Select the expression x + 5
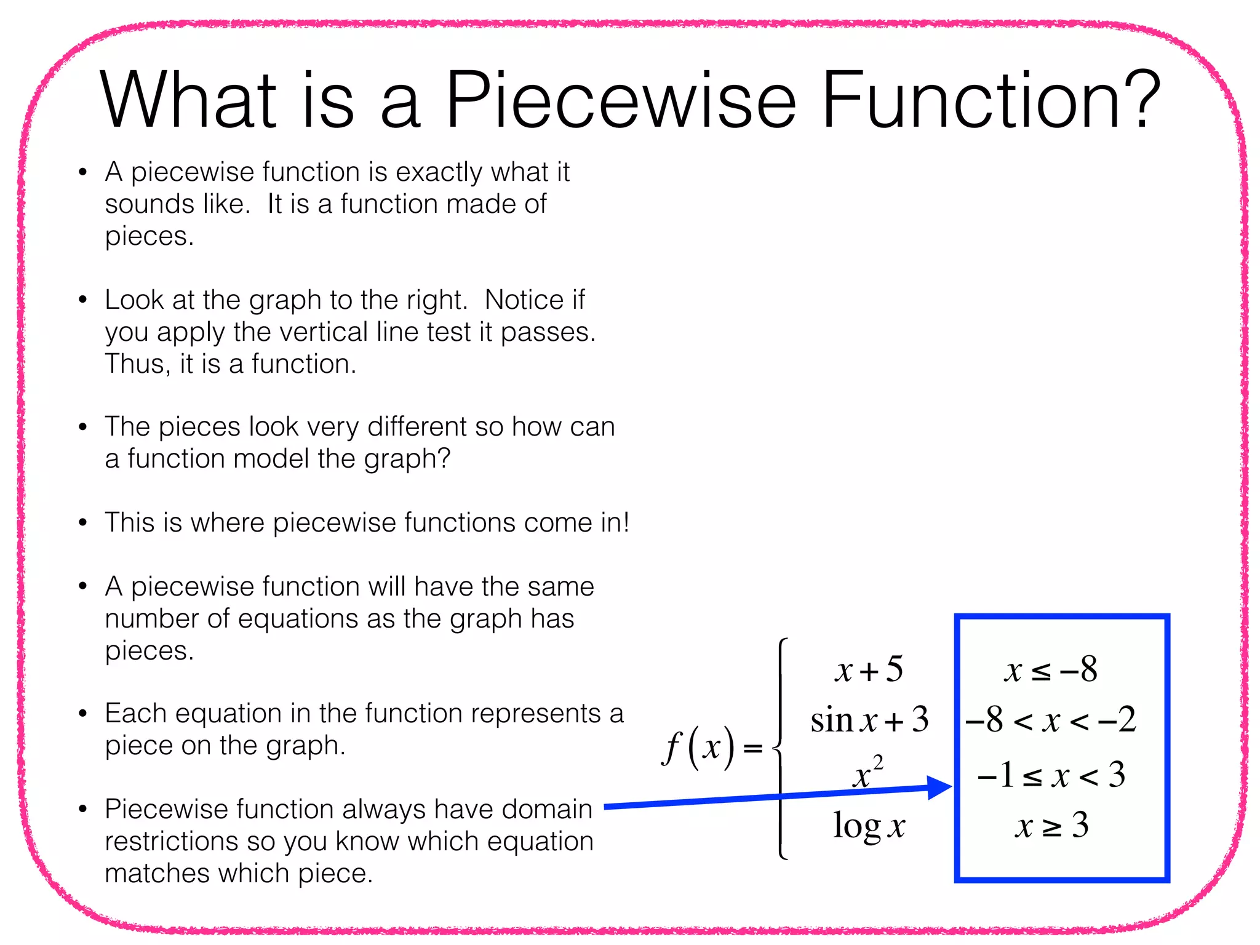(x=869, y=669)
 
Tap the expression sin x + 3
(x=869, y=720)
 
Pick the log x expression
(x=869, y=826)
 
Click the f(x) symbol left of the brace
(x=698, y=747)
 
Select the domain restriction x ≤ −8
(x=1050, y=669)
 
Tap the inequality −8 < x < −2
(x=1050, y=720)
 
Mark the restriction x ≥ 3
(x=1051, y=826)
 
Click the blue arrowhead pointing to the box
(x=939, y=787)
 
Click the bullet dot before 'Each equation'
(x=83, y=714)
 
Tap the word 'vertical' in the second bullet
(x=324, y=332)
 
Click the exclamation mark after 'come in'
(x=625, y=522)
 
